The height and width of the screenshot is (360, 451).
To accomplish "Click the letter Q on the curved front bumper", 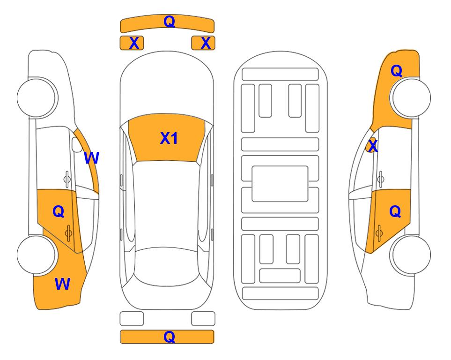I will click(169, 22).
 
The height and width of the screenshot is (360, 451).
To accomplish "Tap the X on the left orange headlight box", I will click(134, 43).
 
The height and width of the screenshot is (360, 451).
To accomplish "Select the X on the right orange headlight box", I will click(205, 43).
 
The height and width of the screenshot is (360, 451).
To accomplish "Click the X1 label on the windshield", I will click(169, 138).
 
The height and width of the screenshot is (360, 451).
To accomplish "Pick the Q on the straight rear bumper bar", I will click(169, 337).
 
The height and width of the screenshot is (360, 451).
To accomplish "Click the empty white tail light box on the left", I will click(132, 319).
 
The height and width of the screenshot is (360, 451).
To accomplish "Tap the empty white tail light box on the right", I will click(203, 319).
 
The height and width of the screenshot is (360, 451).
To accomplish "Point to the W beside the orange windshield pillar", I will click(91, 158).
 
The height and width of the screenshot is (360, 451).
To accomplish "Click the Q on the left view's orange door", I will click(58, 212).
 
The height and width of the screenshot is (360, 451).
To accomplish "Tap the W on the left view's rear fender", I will click(62, 284).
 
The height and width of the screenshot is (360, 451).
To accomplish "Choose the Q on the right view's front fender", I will click(396, 71).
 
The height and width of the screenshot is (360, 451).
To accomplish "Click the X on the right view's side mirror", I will click(372, 147).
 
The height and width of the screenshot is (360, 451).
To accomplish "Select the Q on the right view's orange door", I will click(395, 212).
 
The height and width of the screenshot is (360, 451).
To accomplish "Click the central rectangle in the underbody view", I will click(280, 183).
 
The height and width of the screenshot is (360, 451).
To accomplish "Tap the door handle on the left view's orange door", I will click(68, 232).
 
